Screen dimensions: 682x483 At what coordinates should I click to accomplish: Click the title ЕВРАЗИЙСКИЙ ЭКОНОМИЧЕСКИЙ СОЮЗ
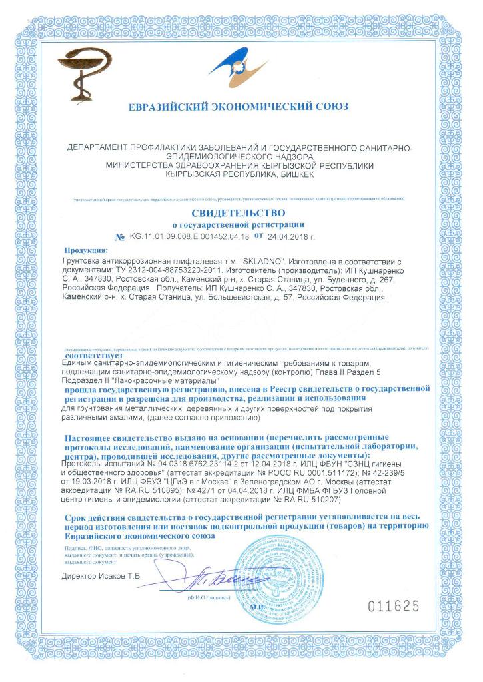pos(238,107)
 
